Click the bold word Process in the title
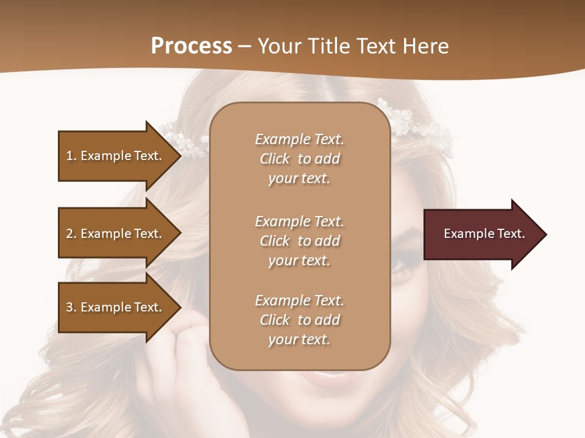191,46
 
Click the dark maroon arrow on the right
481,234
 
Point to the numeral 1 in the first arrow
69,156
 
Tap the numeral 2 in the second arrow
69,234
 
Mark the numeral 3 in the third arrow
69,307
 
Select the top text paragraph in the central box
300,159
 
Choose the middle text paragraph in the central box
300,241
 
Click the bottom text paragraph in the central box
300,320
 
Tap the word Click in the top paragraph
275,159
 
